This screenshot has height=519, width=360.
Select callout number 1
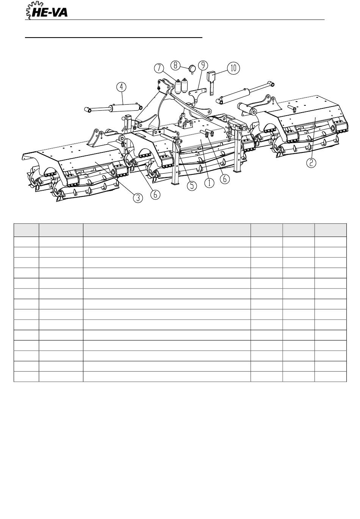point(210,183)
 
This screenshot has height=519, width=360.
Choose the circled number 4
point(121,88)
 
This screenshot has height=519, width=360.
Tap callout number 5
point(192,186)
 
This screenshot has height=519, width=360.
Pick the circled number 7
point(159,68)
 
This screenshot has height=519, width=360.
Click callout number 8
point(175,65)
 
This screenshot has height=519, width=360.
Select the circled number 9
point(203,65)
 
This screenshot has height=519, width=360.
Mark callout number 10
point(233,68)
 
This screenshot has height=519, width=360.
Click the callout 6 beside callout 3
point(155,194)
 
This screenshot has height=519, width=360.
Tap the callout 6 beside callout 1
point(225,179)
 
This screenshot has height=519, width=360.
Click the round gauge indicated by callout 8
point(192,69)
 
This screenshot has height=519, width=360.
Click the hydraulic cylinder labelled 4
point(113,108)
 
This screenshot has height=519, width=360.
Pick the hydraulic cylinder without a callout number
point(245,93)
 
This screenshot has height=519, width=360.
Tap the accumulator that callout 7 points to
point(178,86)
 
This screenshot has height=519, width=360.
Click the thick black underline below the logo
point(114,37)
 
